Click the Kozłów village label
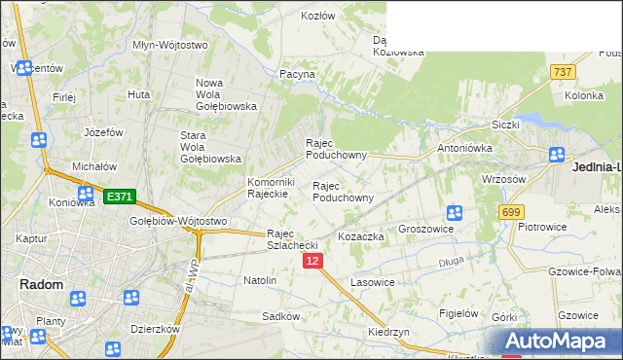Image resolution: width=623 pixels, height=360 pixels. [317, 16]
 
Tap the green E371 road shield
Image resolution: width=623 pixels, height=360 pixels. [119, 197]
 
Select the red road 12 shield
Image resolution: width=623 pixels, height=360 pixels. [312, 261]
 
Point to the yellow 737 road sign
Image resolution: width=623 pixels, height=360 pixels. [562, 73]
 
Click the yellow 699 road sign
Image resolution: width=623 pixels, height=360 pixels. [510, 211]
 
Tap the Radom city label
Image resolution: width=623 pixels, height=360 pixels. [42, 284]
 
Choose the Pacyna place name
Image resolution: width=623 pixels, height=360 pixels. [297, 73]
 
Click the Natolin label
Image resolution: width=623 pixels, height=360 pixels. [260, 280]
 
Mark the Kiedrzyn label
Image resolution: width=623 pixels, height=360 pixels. [388, 332]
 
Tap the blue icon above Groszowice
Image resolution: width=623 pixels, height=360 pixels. [454, 212]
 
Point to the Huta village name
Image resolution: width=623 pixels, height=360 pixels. [138, 94]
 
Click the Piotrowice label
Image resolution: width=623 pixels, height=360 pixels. [542, 227]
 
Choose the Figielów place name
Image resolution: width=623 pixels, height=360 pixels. [458, 313]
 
